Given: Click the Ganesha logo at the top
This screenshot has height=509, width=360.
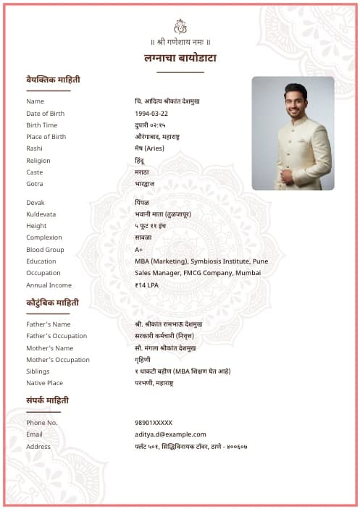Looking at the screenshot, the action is point(180,26).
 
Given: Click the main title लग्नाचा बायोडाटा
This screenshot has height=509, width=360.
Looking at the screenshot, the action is point(180,58).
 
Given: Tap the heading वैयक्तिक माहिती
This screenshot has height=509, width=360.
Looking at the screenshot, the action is point(53,79).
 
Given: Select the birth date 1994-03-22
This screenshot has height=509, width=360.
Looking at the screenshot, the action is point(151,114).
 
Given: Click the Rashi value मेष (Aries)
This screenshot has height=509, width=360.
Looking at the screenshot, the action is point(149,148).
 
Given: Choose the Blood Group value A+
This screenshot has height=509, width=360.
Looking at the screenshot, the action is point(138,250).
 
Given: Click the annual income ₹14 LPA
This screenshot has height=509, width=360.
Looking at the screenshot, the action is point(147,285).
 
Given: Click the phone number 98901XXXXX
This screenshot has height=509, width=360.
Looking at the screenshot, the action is point(154,423).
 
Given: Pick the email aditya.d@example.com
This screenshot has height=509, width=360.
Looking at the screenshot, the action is point(170,434).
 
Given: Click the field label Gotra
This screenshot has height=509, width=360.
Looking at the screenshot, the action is point(35,184).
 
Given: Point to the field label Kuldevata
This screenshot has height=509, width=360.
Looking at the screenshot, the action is point(41,214).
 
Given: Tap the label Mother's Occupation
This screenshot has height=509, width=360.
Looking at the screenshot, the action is point(58,360).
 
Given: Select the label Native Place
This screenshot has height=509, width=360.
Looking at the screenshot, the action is point(44,383).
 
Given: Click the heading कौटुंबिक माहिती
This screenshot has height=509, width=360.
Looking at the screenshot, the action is point(53,303).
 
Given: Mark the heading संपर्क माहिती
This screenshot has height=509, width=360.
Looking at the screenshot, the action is point(48,400).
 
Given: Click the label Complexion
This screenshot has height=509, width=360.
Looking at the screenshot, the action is point(44,237).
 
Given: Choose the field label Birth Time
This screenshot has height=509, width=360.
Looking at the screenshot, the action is point(41,125).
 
